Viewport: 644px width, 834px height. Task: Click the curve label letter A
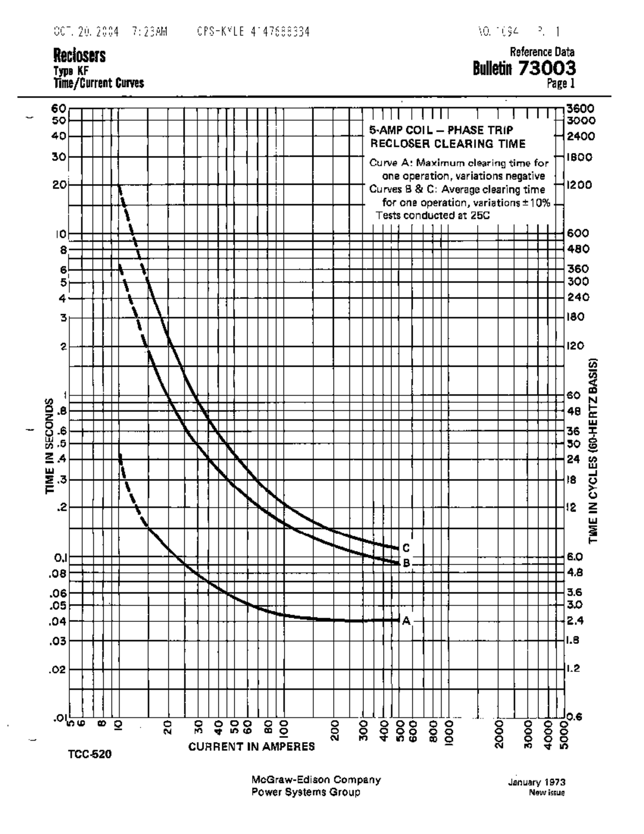click(x=406, y=620)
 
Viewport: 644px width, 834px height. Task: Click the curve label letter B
click(x=406, y=563)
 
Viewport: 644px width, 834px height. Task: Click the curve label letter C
click(x=406, y=548)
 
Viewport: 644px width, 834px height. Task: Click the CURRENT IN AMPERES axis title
click(x=252, y=746)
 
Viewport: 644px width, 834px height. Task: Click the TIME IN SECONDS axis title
click(x=50, y=446)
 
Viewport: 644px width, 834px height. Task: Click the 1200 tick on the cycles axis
click(x=580, y=185)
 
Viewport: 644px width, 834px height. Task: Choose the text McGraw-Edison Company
click(x=316, y=780)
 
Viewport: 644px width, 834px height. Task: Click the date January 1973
click(x=537, y=782)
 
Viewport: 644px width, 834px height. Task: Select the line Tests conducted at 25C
click(x=433, y=215)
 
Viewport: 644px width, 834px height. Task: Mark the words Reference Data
click(x=542, y=52)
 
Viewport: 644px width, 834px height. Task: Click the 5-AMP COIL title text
click(x=441, y=130)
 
